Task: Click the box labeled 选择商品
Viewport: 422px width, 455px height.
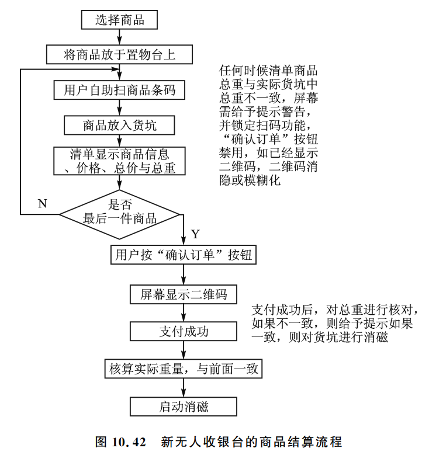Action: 120,21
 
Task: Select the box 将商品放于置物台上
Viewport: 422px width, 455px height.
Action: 120,55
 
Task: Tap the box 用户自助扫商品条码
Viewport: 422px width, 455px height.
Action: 120,90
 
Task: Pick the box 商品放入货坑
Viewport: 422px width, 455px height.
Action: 120,124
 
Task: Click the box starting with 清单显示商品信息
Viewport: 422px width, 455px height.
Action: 120,161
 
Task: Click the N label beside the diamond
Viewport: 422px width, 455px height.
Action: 42,203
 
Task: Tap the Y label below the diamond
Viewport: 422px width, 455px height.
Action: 195,234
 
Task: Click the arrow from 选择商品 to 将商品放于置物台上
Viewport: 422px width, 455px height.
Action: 120,38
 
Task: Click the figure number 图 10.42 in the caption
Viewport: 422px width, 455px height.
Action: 120,442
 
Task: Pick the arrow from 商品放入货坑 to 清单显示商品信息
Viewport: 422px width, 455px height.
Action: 120,141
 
